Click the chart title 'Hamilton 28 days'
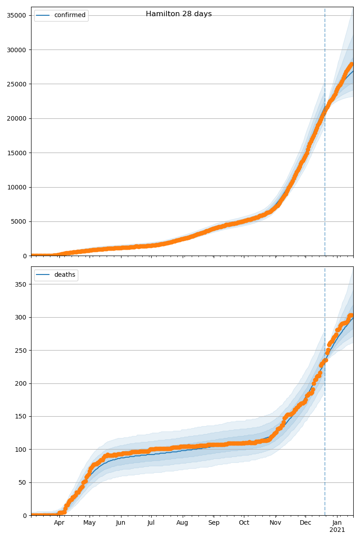(179, 14)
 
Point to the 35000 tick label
(16, 15)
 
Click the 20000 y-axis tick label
(16, 119)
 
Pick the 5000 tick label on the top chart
(18, 222)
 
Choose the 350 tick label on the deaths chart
(21, 284)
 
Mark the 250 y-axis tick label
(21, 351)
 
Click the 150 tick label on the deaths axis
(21, 417)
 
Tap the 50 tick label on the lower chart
(22, 482)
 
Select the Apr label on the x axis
(59, 522)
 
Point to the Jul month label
(151, 522)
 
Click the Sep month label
(214, 522)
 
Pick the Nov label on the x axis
(275, 522)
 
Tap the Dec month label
(305, 522)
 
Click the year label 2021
(337, 530)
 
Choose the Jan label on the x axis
(337, 522)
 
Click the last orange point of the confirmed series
(351, 64)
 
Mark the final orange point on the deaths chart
(351, 315)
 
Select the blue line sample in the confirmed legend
(43, 15)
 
